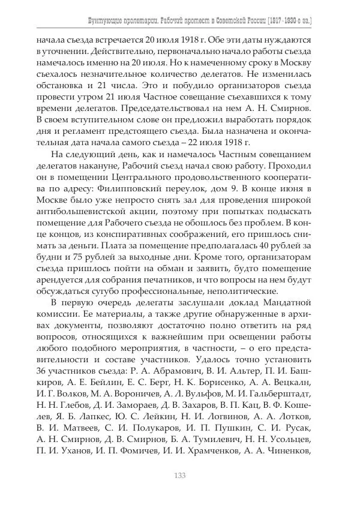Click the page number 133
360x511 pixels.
pyautogui.click(x=179, y=476)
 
